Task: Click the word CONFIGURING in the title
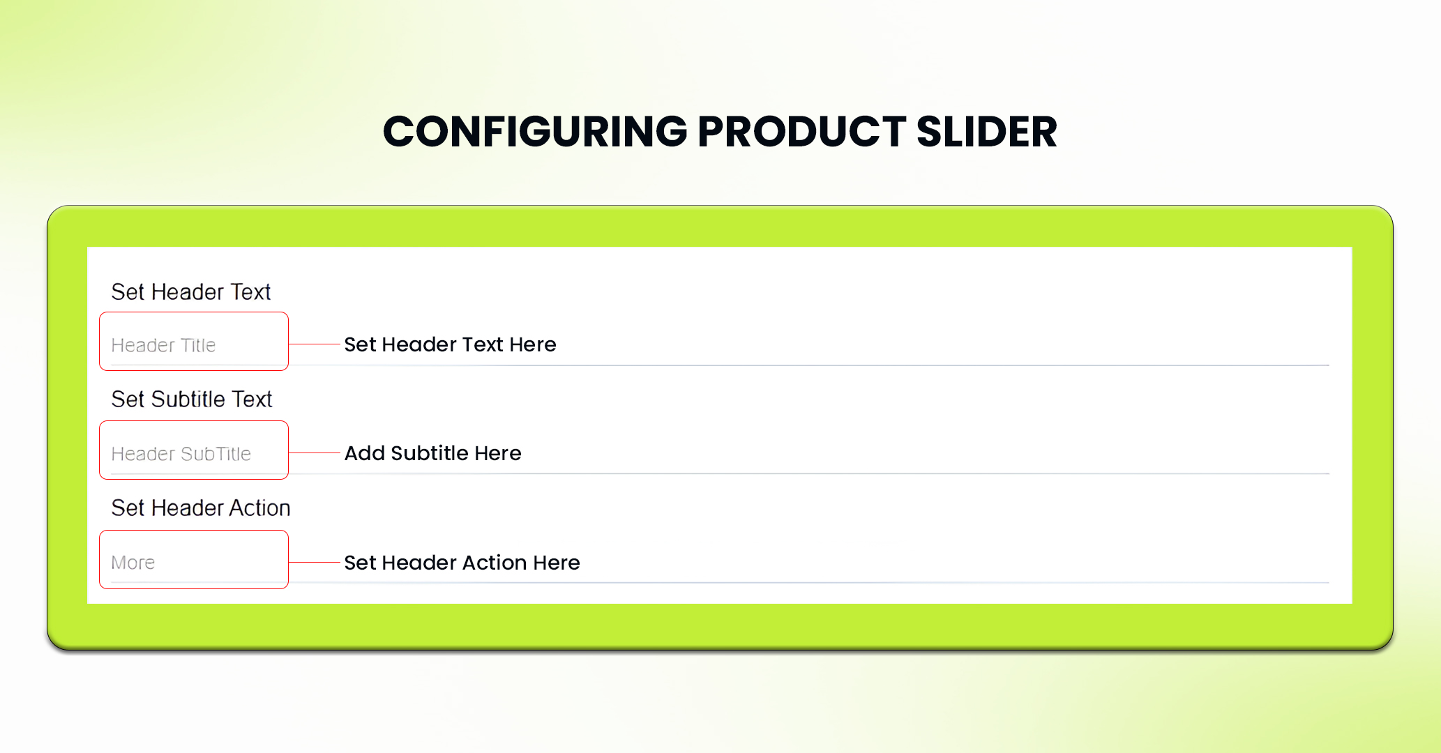tap(535, 132)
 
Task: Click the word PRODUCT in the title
tap(802, 132)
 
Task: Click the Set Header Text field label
tap(190, 291)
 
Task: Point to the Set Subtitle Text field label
tap(191, 399)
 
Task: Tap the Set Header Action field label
tap(200, 508)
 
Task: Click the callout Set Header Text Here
tap(450, 344)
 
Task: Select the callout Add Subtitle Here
tap(432, 453)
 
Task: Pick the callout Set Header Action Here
tap(462, 563)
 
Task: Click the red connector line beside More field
tap(315, 562)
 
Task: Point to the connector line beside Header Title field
tap(315, 344)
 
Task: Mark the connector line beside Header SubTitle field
tap(315, 452)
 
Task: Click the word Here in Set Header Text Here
tap(533, 344)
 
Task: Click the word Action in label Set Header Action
tap(259, 508)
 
